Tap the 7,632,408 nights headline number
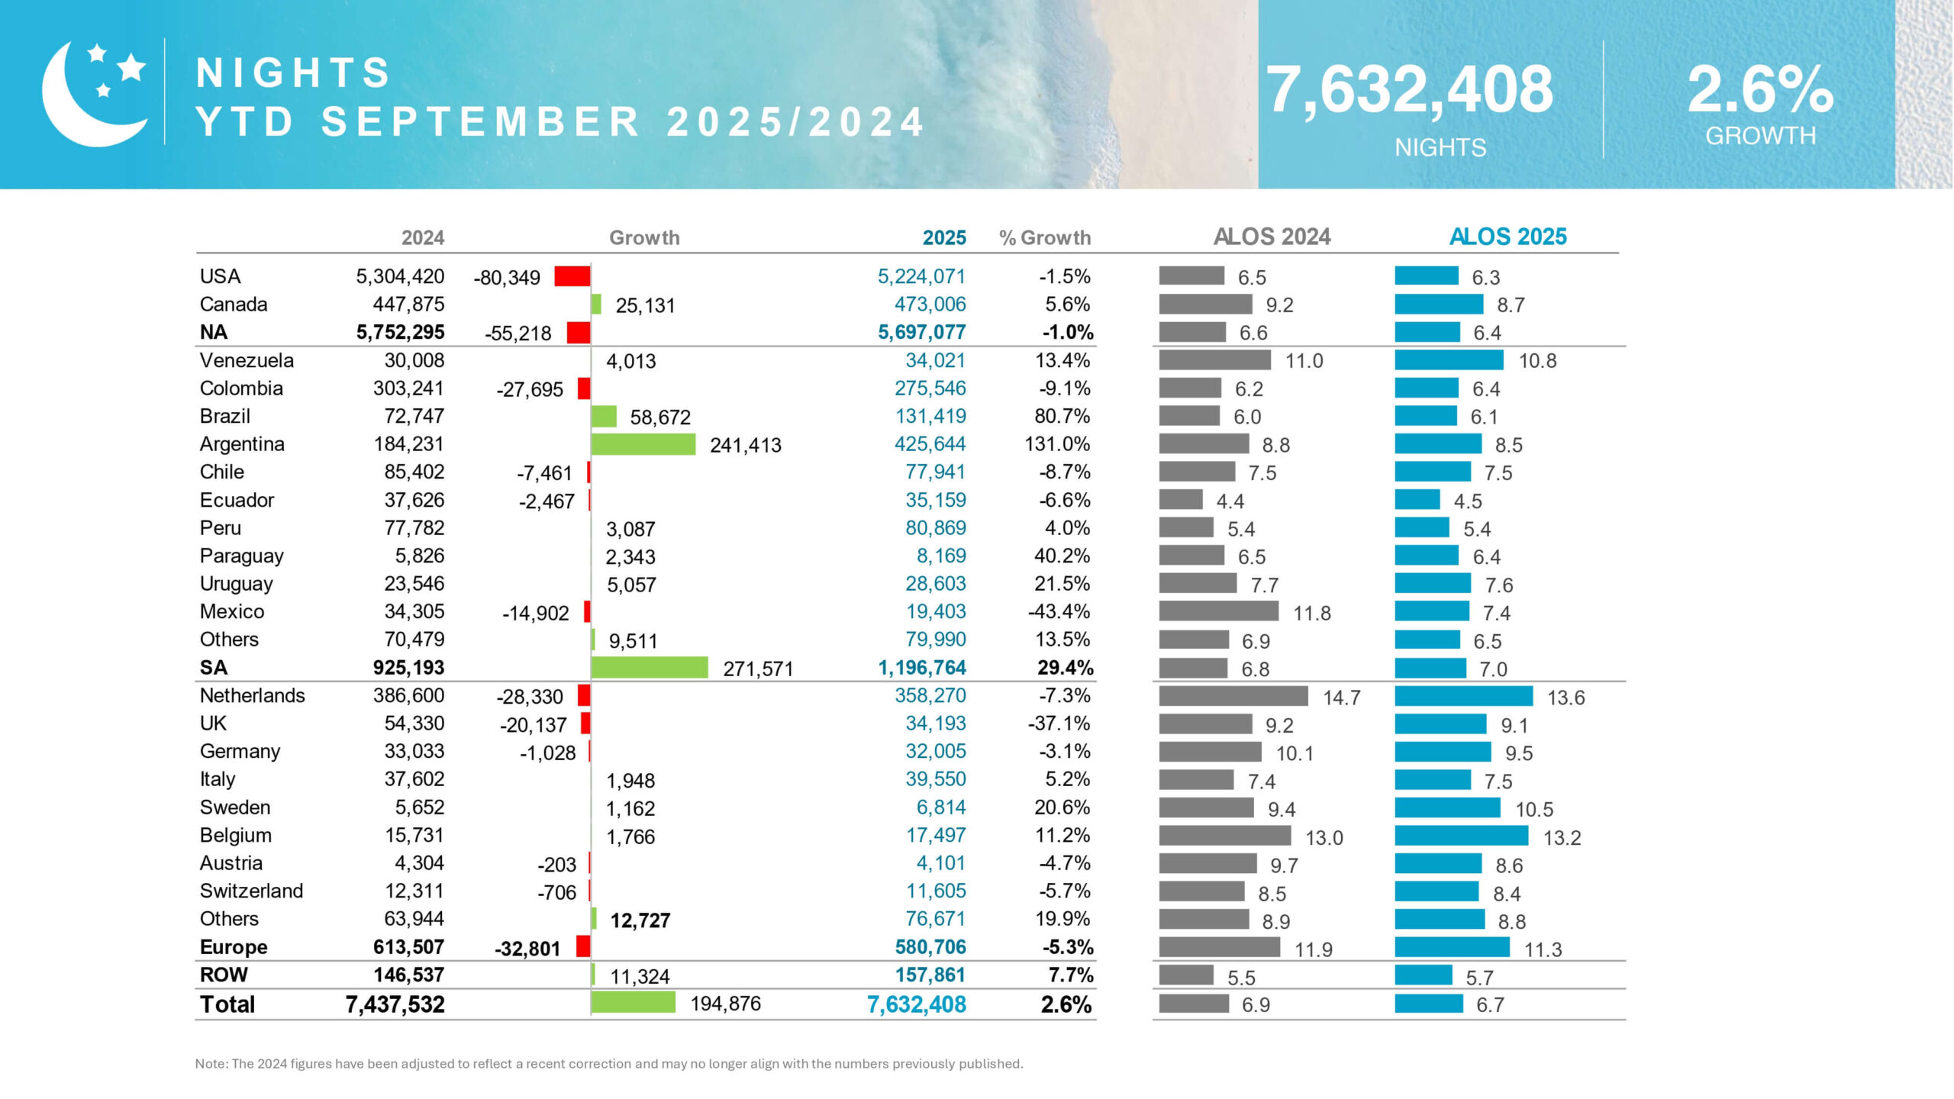pyautogui.click(x=1409, y=90)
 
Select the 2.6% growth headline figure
pyautogui.click(x=1759, y=90)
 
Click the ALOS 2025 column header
pyautogui.click(x=1507, y=237)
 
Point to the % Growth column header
pyautogui.click(x=1044, y=238)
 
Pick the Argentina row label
pyautogui.click(x=242, y=444)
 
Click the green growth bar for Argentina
pyautogui.click(x=643, y=444)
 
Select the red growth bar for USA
pyautogui.click(x=572, y=276)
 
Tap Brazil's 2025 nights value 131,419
pyautogui.click(x=930, y=417)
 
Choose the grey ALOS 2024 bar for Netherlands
pyautogui.click(x=1233, y=696)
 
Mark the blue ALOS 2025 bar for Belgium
pyautogui.click(x=1461, y=836)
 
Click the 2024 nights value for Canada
pyautogui.click(x=408, y=305)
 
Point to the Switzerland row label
pyautogui.click(x=251, y=891)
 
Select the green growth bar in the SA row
pyautogui.click(x=649, y=668)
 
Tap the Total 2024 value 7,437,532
pyautogui.click(x=395, y=1004)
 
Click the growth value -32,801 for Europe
pyautogui.click(x=527, y=949)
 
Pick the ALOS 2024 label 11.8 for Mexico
pyautogui.click(x=1311, y=613)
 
